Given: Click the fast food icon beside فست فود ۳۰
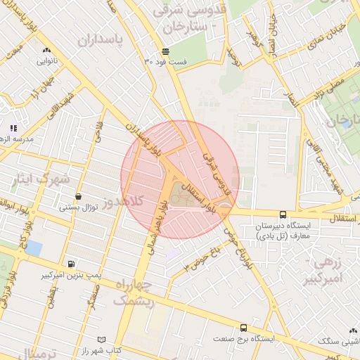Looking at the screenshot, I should (x=166, y=51).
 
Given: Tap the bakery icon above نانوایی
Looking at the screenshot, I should (x=47, y=50).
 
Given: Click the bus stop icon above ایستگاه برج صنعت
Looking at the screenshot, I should (x=243, y=328).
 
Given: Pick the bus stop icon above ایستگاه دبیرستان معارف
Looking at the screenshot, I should (x=283, y=214).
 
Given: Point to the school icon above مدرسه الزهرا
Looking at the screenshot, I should (x=13, y=128).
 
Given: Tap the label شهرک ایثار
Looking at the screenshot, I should (x=40, y=179).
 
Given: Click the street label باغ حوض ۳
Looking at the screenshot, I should (x=202, y=258).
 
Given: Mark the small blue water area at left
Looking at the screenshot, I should (x=33, y=248).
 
